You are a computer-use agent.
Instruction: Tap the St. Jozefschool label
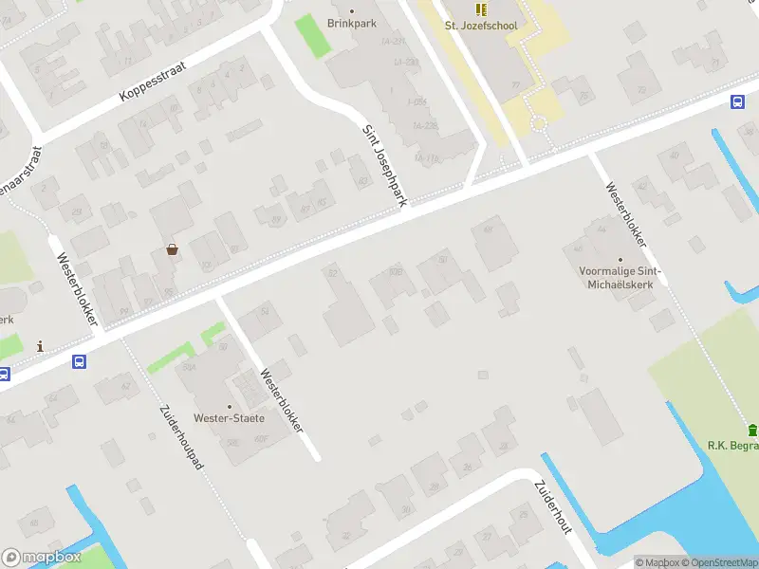481,26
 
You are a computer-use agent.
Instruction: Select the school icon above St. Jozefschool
481,9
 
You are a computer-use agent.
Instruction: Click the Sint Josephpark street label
386,164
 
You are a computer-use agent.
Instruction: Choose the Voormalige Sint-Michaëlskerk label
620,277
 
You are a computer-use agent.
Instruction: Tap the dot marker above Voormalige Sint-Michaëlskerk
620,258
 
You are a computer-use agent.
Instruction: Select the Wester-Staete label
229,417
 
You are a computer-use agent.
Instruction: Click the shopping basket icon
172,249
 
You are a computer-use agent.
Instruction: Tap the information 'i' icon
40,346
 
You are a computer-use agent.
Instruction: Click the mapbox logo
40,558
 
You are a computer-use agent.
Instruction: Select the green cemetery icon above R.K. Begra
752,430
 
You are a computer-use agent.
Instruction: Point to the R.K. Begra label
732,445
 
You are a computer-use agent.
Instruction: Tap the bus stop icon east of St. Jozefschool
737,101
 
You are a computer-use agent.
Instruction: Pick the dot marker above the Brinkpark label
352,10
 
